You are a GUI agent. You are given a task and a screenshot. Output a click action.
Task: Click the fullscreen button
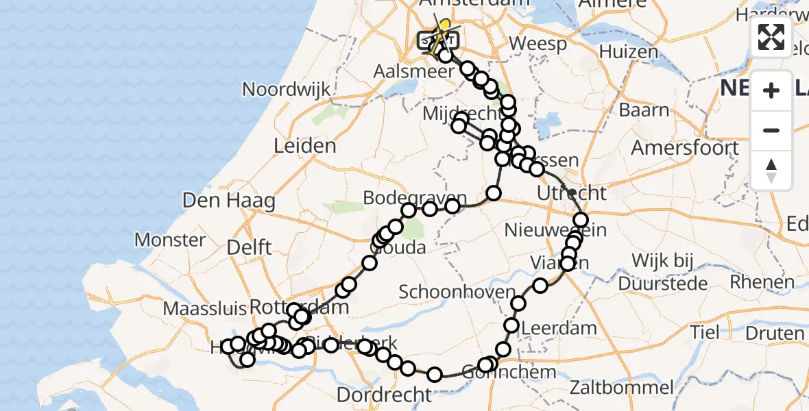tap(771, 37)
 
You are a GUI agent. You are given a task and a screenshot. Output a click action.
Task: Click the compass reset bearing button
tap(771, 170)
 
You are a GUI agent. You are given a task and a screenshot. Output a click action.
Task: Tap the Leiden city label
tap(304, 146)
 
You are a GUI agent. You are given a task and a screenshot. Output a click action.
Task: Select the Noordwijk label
tap(287, 89)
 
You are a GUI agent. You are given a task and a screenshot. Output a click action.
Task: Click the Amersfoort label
tap(685, 148)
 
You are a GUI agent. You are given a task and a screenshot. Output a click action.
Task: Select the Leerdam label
tap(559, 328)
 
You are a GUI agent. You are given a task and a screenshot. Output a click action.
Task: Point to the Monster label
tap(170, 240)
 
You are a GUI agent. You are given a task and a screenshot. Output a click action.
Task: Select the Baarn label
tap(644, 110)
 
